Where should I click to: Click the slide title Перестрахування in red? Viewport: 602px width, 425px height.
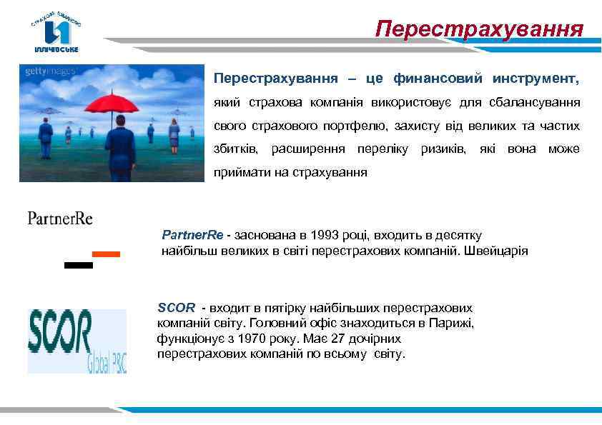(x=479, y=29)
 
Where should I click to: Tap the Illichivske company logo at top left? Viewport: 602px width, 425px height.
(x=56, y=33)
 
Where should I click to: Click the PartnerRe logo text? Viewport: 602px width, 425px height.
(x=60, y=218)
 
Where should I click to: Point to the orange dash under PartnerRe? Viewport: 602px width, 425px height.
(x=107, y=254)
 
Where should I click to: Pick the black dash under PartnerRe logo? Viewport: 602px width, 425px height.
(x=78, y=265)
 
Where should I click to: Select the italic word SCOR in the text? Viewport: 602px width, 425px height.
(x=176, y=308)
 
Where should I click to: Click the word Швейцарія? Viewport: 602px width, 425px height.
(x=500, y=251)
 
